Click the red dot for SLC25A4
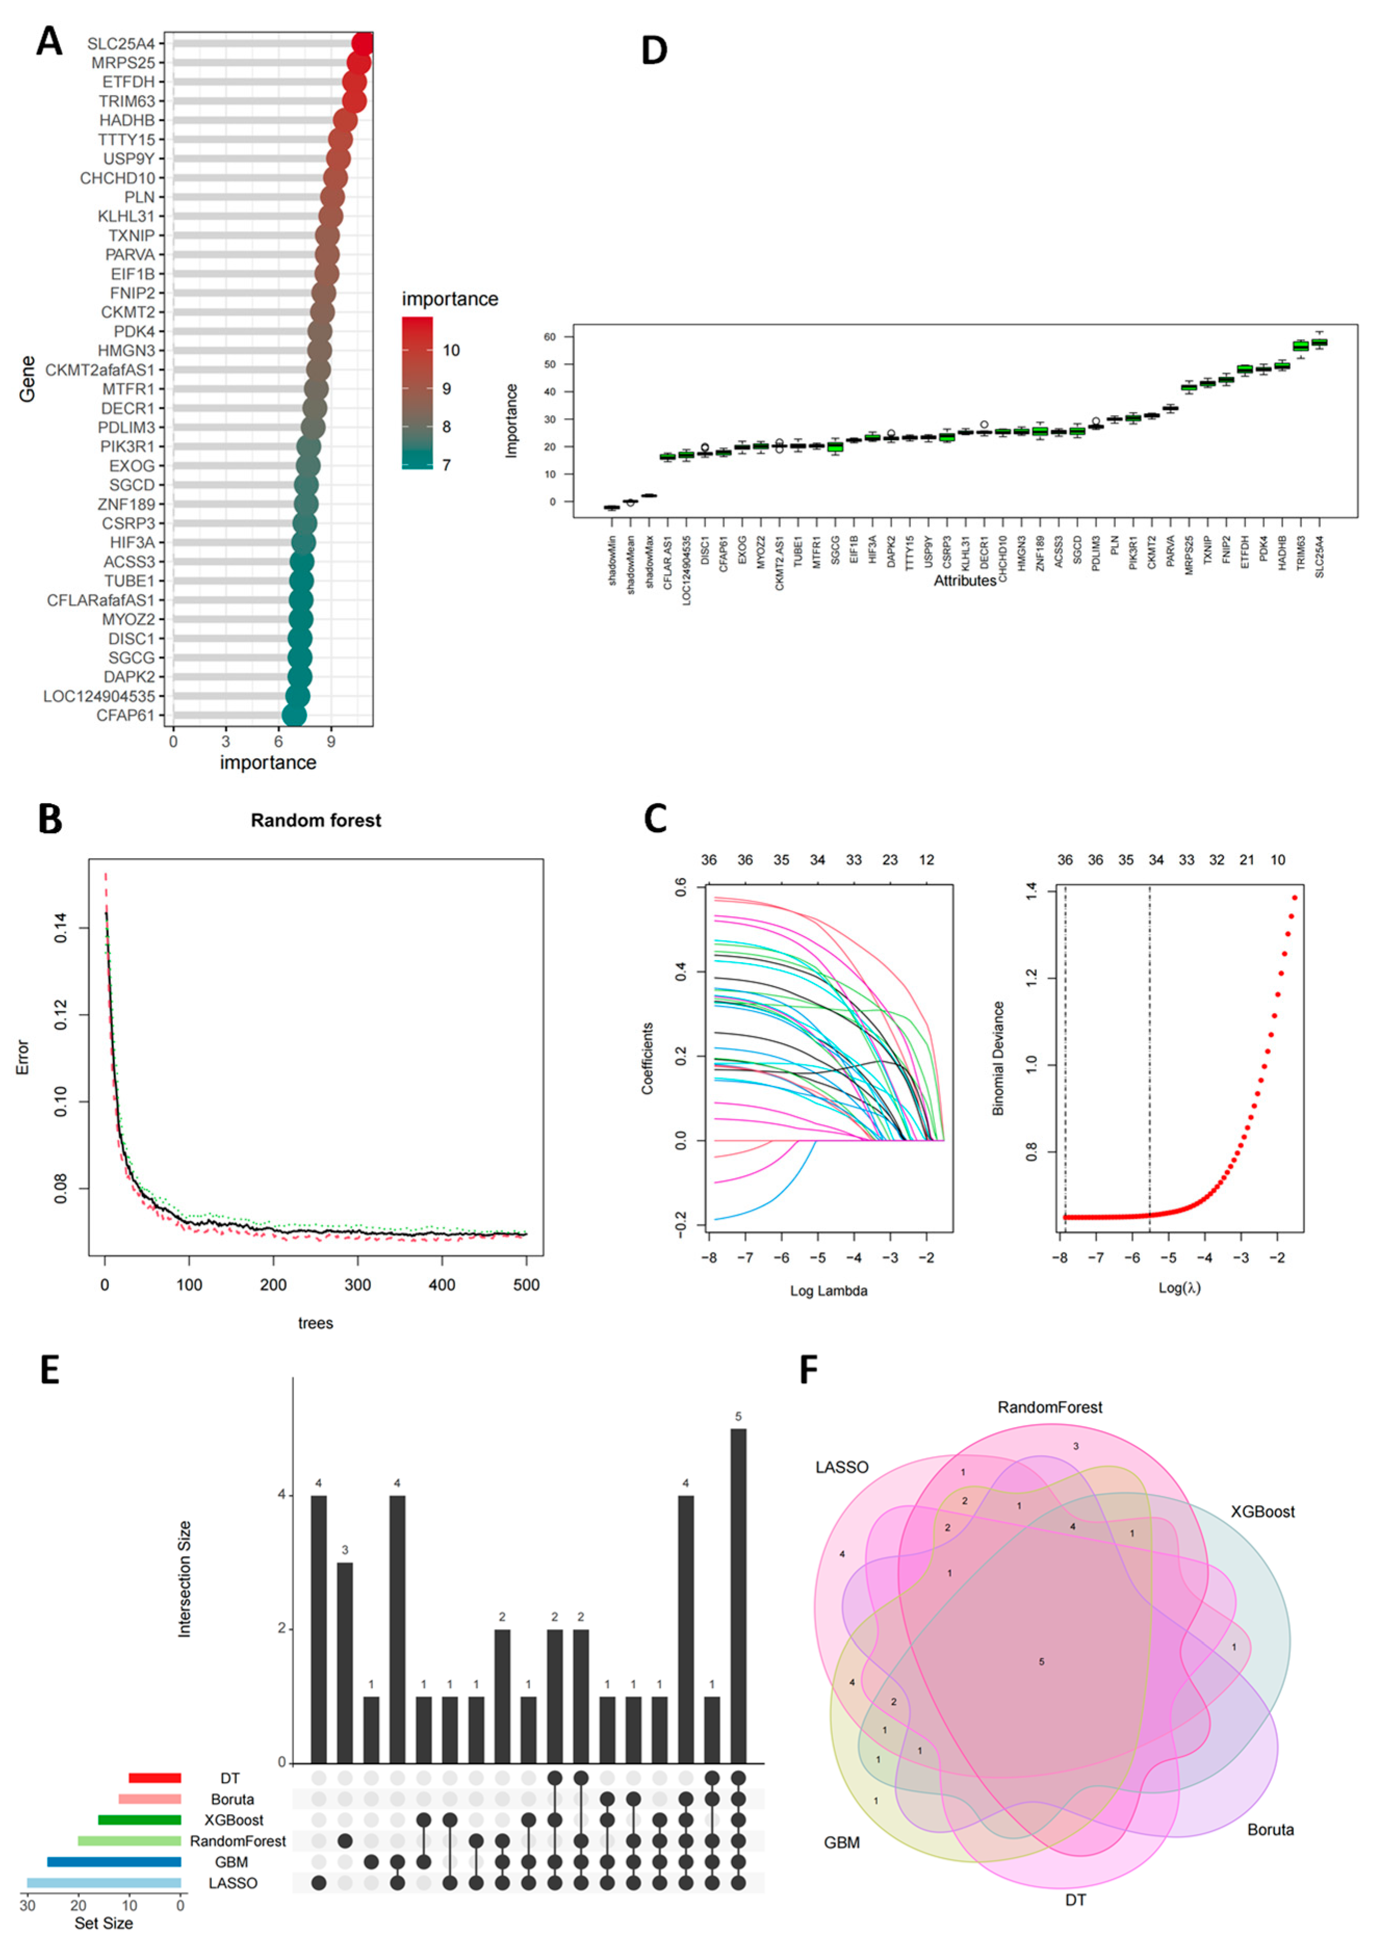363,43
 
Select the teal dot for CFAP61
294,715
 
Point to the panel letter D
654,51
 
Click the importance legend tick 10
451,351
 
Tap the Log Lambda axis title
828,1291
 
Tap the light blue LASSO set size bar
104,1883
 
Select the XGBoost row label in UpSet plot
234,1820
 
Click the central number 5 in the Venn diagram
1041,1662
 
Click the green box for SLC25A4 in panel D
1319,343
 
